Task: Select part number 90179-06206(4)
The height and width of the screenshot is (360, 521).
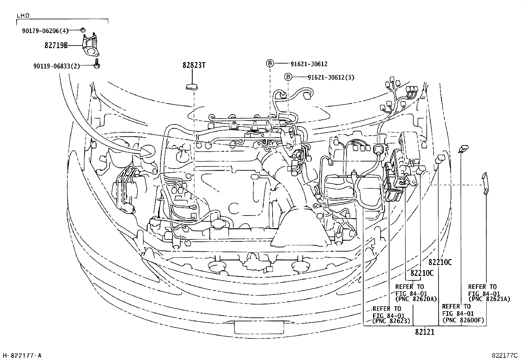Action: [x=45, y=31]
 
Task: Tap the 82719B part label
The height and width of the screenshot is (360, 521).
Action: [x=56, y=46]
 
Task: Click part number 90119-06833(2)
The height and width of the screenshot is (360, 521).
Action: [x=56, y=66]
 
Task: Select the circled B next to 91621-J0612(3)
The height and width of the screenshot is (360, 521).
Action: [x=288, y=77]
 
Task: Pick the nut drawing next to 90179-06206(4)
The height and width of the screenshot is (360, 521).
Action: [x=83, y=30]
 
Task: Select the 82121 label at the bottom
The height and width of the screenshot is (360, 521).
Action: [x=424, y=332]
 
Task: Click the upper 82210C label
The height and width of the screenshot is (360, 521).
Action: [x=440, y=262]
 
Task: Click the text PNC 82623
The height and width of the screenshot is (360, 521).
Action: [x=391, y=321]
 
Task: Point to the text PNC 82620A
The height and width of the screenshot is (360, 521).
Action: [x=416, y=299]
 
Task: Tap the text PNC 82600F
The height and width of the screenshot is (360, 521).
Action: [x=463, y=320]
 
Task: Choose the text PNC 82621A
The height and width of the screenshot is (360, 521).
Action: [x=489, y=299]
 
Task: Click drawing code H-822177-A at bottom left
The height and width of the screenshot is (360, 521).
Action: [x=22, y=355]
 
